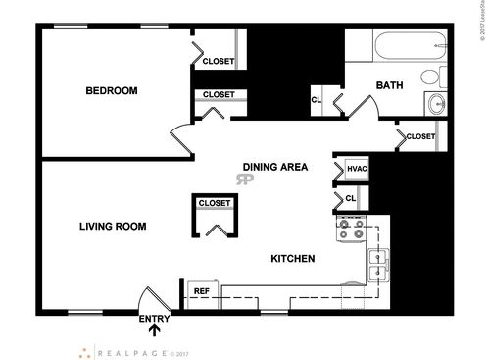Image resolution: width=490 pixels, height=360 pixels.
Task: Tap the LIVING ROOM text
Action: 113,227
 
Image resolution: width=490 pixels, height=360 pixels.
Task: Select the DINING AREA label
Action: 275,167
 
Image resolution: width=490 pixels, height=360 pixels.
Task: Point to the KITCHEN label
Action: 292,259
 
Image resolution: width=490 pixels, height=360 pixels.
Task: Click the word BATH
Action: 389,85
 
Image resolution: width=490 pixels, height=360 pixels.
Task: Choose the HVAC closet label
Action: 357,169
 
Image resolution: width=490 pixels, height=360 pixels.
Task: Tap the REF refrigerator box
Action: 201,291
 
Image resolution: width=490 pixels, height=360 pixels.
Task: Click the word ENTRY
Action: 154,319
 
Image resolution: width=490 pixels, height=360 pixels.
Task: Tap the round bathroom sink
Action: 437,103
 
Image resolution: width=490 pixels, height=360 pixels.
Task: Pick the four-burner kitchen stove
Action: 351,231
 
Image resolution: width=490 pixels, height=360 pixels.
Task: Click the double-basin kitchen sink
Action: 378,263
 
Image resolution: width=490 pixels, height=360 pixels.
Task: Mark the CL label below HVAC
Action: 351,199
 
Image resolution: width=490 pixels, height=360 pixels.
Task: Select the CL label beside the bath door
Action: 317,99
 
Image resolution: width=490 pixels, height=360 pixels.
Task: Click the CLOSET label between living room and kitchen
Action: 215,204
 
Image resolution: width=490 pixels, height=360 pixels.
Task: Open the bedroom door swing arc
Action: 179,140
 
